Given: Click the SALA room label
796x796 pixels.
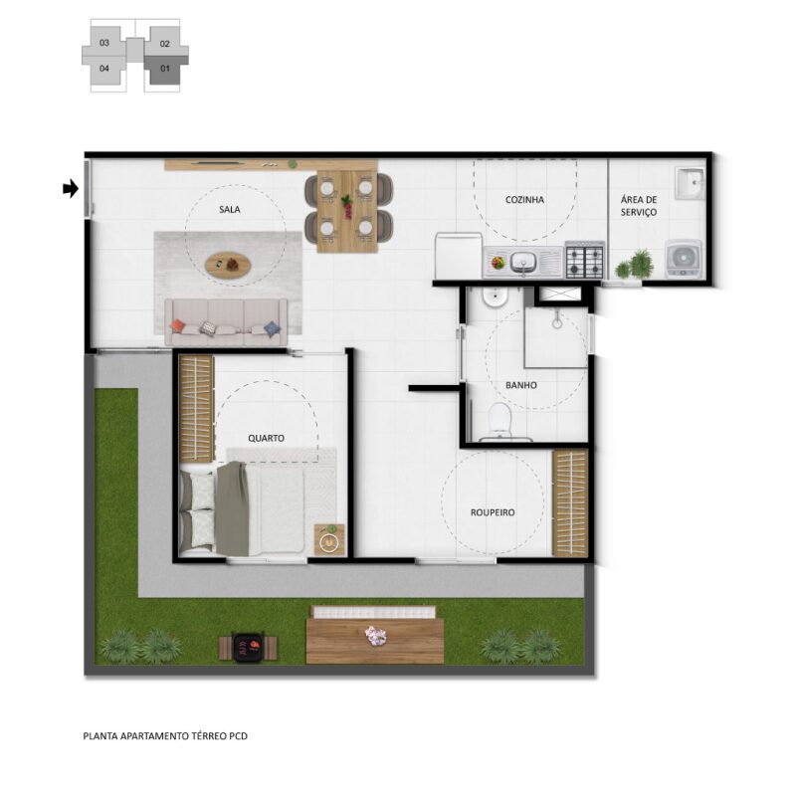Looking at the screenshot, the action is (230, 209).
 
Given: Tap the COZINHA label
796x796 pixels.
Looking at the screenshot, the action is (524, 200).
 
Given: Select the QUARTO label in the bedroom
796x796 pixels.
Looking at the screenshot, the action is (266, 438).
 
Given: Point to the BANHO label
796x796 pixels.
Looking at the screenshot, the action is (520, 385).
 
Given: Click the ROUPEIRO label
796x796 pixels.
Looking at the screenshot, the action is (493, 512).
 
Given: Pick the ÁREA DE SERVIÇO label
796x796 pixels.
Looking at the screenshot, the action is (639, 206).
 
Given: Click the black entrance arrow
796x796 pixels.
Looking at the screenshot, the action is (71, 189).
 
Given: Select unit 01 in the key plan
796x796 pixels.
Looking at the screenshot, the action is (165, 69).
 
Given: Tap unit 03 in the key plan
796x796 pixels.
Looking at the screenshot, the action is (104, 43).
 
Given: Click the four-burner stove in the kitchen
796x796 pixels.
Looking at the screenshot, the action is (584, 261).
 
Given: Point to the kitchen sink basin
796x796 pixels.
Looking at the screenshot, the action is (523, 262).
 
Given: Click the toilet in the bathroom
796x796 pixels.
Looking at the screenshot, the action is (500, 420).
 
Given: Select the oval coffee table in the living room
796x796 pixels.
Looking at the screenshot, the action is (228, 265).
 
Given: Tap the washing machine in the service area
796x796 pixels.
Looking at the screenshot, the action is (684, 259).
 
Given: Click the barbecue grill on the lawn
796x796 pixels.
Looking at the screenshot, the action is (248, 648).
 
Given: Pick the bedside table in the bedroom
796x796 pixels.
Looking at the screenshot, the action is (329, 539).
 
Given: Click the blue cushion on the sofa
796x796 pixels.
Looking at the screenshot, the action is (272, 329).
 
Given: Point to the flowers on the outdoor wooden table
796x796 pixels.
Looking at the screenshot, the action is (376, 636).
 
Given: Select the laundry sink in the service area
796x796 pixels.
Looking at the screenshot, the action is (690, 184).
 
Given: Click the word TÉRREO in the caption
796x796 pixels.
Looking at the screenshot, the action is (209, 735).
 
